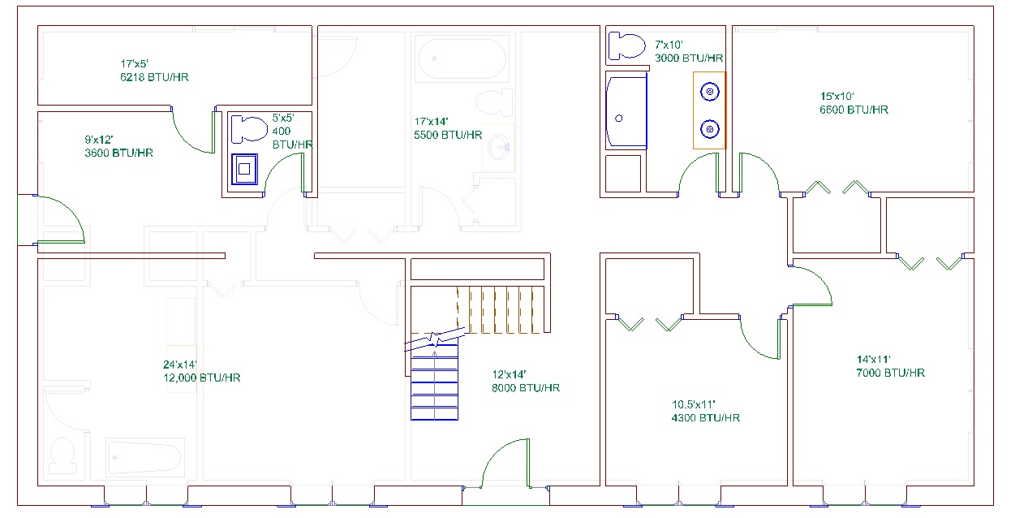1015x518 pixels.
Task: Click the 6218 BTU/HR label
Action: tap(154, 77)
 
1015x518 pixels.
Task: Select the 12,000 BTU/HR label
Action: tap(201, 378)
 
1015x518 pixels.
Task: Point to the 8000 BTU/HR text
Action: tap(526, 387)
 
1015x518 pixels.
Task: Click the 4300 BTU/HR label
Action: tap(705, 417)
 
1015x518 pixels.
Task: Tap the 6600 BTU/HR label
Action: tap(854, 109)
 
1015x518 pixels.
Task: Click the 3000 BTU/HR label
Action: tap(689, 58)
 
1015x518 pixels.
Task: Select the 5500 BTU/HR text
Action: tap(448, 135)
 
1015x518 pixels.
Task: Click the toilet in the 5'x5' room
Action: tap(249, 129)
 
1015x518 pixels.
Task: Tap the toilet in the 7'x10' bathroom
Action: tap(626, 45)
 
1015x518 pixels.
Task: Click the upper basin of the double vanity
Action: tap(709, 93)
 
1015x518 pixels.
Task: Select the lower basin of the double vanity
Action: tap(709, 128)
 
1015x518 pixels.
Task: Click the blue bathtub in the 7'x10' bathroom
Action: tap(626, 111)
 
